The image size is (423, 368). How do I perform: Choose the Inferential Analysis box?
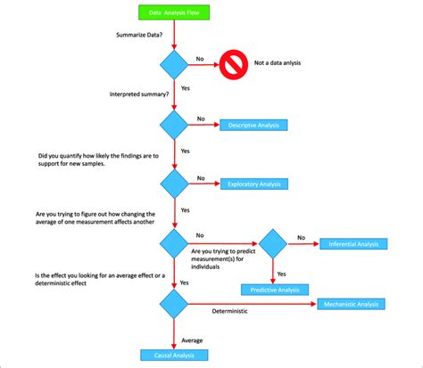click(353, 243)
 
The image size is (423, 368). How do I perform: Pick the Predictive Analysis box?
click(274, 289)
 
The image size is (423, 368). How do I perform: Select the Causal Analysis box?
click(174, 355)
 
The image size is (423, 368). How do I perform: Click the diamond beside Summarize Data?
click(174, 64)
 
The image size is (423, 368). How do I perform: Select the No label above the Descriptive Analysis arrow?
click(201, 119)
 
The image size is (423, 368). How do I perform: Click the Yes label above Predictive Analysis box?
click(281, 274)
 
